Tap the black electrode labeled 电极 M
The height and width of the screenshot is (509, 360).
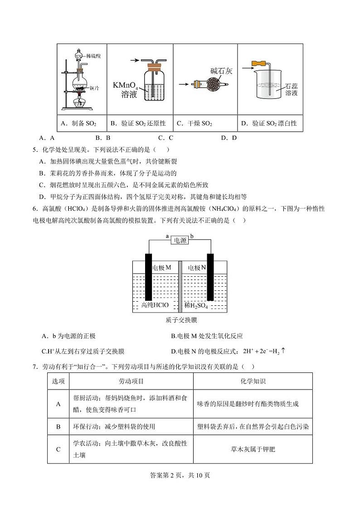point(148,277)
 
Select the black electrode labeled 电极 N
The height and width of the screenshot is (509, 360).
point(210,277)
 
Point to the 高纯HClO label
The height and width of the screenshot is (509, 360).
point(155,305)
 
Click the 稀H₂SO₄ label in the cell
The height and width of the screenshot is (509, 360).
point(196,306)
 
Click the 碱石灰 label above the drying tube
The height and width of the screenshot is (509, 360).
point(221,71)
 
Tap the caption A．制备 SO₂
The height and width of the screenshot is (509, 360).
point(78,123)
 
